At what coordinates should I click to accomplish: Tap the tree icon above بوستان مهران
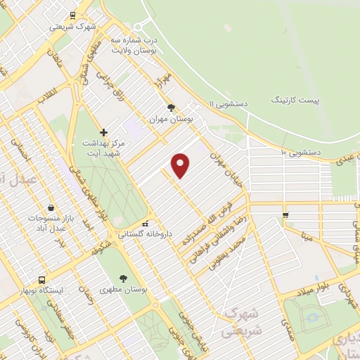[171, 108]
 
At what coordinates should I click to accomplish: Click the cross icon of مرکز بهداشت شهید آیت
[103, 131]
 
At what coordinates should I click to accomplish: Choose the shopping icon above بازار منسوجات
[51, 207]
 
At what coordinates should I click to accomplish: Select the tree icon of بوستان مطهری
[123, 278]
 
